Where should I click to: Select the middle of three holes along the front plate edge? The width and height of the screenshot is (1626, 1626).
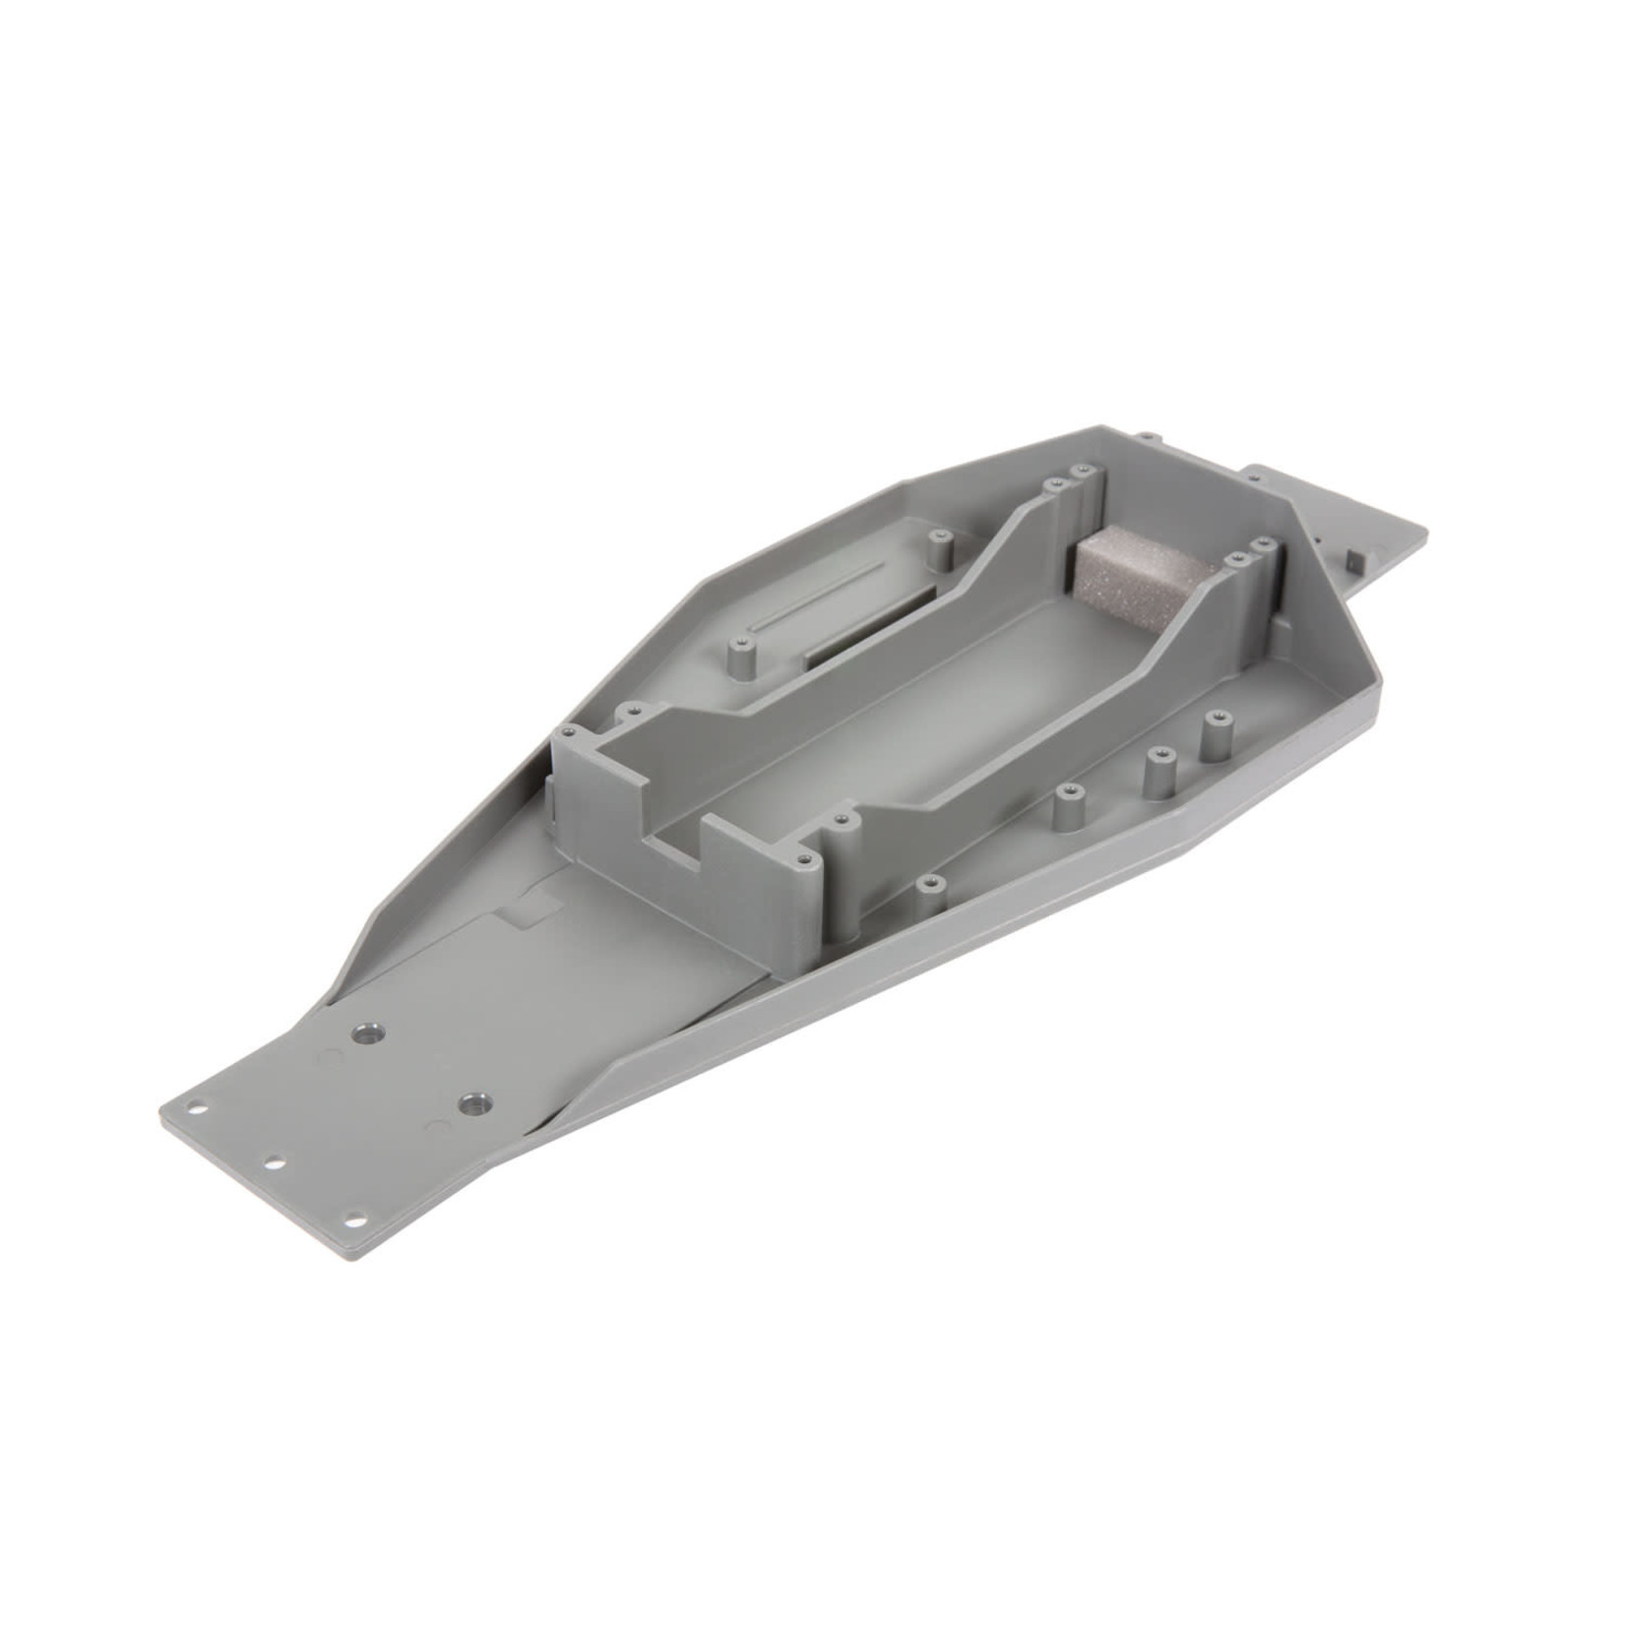(x=276, y=1162)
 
